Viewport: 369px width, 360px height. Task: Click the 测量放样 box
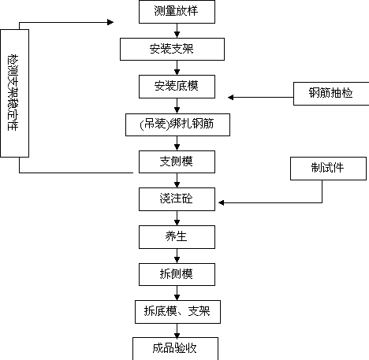click(177, 12)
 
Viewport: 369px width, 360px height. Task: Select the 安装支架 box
click(172, 49)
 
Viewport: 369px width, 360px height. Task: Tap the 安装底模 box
click(177, 87)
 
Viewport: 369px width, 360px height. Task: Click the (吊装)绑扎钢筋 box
click(177, 124)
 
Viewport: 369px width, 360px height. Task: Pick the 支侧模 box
click(177, 161)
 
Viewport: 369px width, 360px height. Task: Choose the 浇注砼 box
click(177, 199)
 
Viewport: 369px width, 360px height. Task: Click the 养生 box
click(177, 237)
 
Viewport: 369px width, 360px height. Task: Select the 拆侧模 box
click(177, 274)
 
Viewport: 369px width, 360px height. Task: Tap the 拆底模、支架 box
click(177, 312)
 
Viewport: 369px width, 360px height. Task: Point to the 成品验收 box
click(175, 349)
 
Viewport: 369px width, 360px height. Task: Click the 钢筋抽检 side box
click(331, 94)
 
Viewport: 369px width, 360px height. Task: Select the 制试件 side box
click(328, 169)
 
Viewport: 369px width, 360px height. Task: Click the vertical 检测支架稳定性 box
click(15, 93)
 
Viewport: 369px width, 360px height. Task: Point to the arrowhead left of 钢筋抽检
click(231, 98)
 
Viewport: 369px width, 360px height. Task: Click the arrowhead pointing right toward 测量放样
click(110, 22)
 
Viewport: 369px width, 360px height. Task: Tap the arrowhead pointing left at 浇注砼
click(222, 202)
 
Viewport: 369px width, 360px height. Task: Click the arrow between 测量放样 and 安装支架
click(177, 31)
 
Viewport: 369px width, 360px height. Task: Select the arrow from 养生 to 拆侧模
click(177, 256)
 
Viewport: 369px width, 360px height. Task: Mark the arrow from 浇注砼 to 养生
click(177, 218)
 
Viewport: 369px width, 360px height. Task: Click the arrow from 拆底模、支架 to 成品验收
click(177, 331)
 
